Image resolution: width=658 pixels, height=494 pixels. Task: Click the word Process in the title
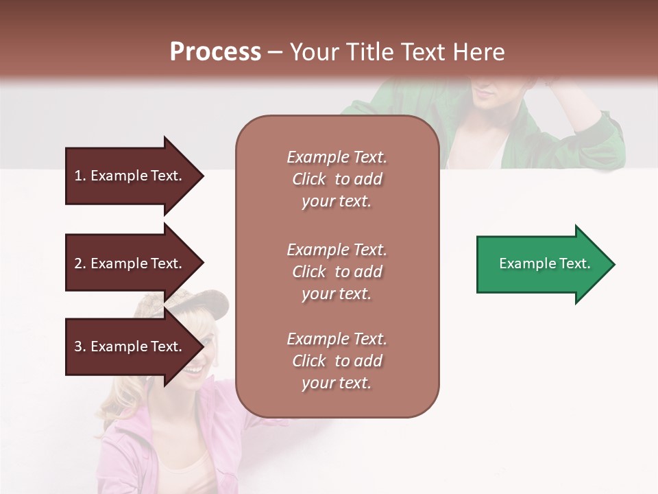215,52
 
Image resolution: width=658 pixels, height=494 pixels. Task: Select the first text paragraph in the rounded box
337,179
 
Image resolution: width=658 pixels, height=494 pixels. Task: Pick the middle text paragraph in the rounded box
337,271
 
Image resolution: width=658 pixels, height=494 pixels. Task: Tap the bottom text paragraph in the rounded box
337,361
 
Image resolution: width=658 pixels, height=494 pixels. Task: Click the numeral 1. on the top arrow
80,176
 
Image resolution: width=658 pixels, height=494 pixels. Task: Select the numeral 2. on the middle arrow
80,263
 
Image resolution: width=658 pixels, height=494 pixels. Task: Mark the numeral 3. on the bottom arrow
80,346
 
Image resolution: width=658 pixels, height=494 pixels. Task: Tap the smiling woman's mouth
194,370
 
